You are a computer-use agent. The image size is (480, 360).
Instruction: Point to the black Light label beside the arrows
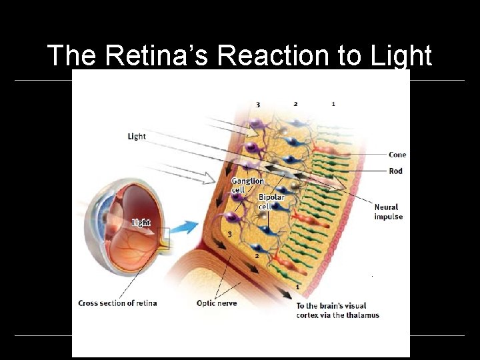pyautogui.click(x=137, y=136)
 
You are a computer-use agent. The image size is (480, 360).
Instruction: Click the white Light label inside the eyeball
pyautogui.click(x=141, y=223)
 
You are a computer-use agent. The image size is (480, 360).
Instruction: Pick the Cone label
pyautogui.click(x=397, y=155)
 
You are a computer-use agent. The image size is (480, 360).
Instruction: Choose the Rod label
pyautogui.click(x=396, y=171)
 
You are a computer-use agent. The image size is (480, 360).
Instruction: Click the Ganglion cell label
pyautogui.click(x=247, y=185)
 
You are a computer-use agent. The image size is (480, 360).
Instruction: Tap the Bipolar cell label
pyautogui.click(x=271, y=201)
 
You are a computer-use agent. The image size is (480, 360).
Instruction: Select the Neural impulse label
pyautogui.click(x=388, y=211)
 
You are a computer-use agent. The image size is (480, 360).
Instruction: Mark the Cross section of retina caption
pyautogui.click(x=117, y=303)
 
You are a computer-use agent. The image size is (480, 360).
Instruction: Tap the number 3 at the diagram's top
pyautogui.click(x=258, y=104)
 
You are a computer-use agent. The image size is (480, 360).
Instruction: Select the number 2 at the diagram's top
pyautogui.click(x=295, y=104)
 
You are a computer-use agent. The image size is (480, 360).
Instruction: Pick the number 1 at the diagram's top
pyautogui.click(x=333, y=104)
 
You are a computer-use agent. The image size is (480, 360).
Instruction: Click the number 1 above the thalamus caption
pyautogui.click(x=297, y=287)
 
